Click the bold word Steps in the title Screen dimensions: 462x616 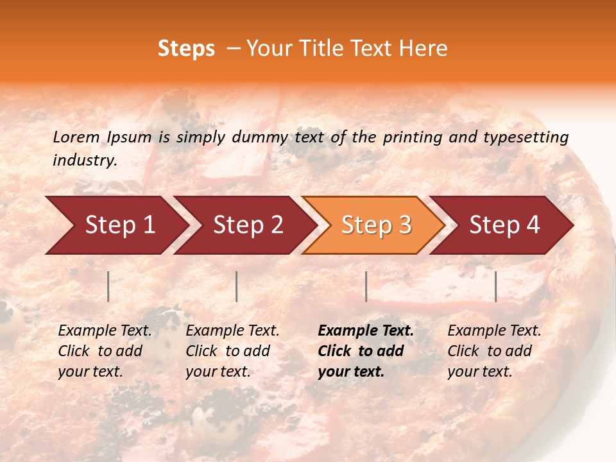point(186,49)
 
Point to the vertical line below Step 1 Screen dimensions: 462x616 point(108,286)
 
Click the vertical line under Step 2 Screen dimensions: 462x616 point(237,286)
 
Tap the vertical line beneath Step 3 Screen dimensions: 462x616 point(366,286)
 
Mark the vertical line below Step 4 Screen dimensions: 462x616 point(495,286)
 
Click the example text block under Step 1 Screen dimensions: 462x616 point(104,351)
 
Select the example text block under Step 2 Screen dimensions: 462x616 point(232,351)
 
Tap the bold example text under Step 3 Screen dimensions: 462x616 point(365,351)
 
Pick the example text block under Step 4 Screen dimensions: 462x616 point(493,351)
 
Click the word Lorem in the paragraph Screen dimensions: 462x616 point(76,137)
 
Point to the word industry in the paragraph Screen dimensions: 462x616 point(85,160)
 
